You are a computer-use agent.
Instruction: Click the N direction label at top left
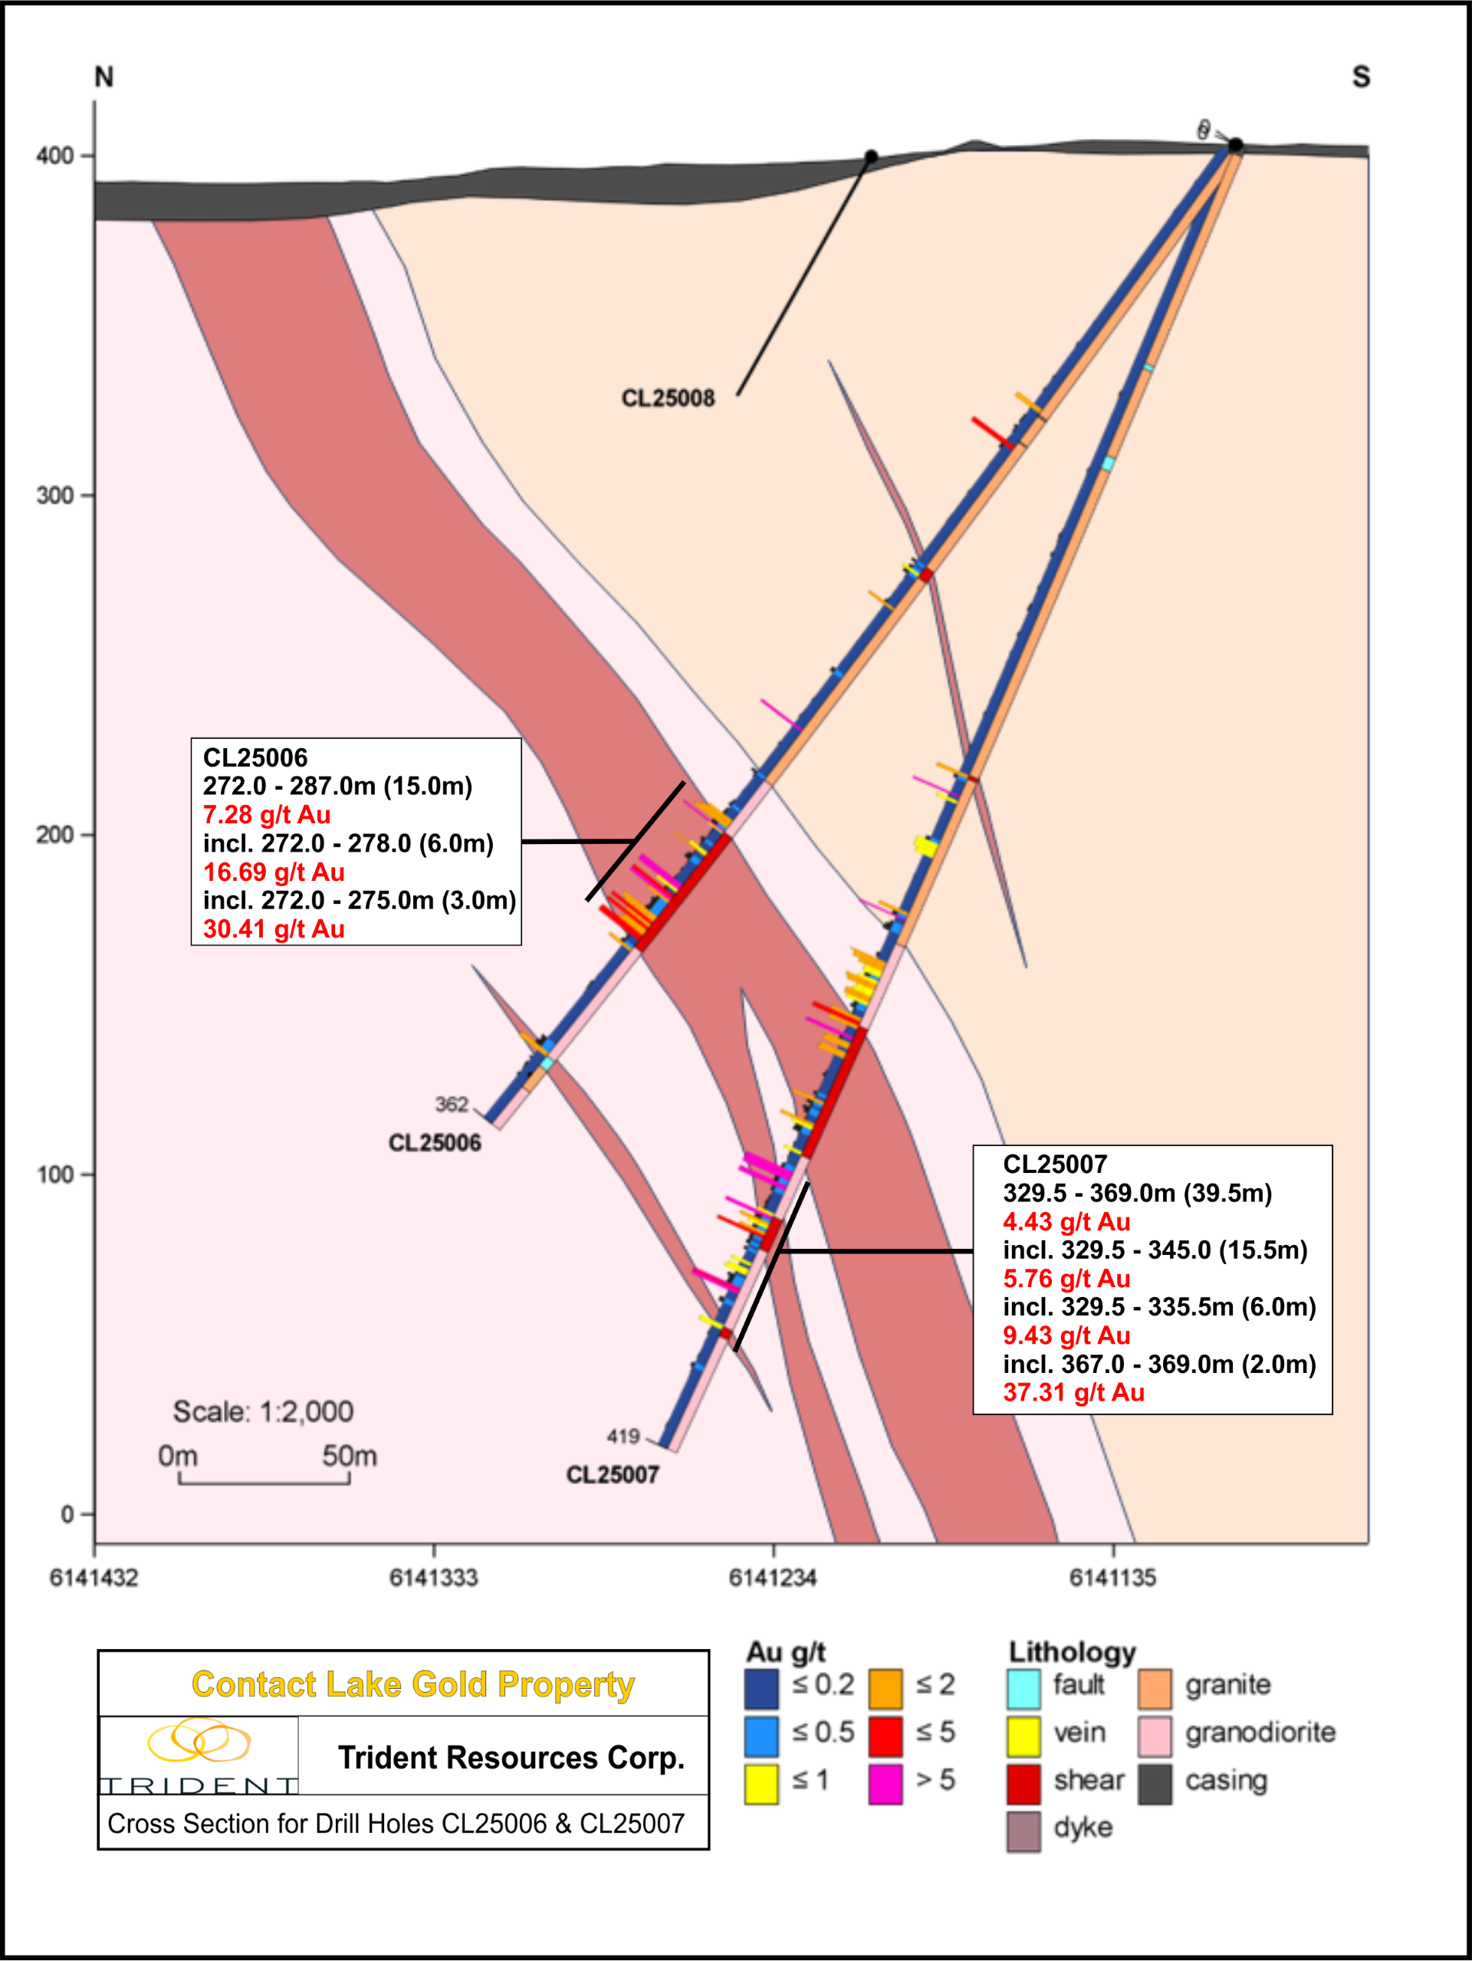pos(103,77)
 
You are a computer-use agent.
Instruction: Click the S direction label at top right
pos(1360,77)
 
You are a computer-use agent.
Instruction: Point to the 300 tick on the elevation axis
pos(55,494)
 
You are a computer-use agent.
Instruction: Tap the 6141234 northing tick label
pos(772,1577)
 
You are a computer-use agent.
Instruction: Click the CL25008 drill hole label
pos(667,398)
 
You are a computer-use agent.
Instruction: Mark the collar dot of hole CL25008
pos(871,157)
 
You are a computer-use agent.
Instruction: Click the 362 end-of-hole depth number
pos(452,1104)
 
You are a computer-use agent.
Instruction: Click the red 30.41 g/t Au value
pos(273,929)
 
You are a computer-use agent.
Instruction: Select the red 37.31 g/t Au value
pos(1073,1392)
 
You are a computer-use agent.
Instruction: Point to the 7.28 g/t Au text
pos(266,815)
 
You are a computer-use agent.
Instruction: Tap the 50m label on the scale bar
pos(349,1456)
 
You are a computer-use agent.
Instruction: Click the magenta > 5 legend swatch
pos(885,1784)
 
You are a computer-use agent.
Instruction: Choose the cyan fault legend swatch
pos(1024,1688)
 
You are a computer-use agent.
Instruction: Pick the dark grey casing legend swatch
pos(1155,1784)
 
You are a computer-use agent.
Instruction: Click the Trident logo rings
pos(199,1740)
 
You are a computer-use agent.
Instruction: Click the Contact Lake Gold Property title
pos(412,1684)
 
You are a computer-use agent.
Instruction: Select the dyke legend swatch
pos(1024,1831)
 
